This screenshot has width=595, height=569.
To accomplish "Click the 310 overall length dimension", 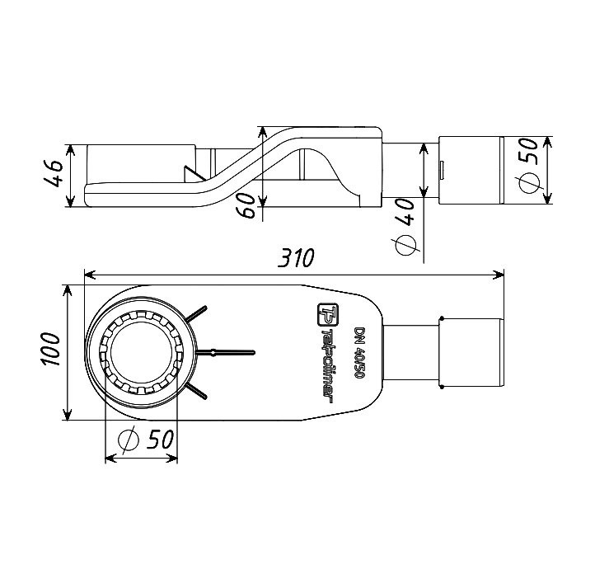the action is coord(296,258).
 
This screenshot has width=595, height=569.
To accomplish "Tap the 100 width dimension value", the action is coord(51,349).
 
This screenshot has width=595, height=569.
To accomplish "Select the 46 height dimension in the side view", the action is coord(54,173).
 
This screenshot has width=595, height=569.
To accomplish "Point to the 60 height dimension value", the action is coord(248,205).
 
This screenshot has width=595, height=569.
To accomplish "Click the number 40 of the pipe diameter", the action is coord(405,211).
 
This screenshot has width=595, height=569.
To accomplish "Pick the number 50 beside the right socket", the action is coord(528,151).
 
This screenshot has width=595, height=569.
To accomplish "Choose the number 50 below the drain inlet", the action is coord(161,440).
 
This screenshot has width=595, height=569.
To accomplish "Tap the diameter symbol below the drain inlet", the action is coord(128,440).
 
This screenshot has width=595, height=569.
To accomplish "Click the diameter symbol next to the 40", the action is coord(405,245).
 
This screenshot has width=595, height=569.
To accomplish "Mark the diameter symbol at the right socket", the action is coord(529,183).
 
